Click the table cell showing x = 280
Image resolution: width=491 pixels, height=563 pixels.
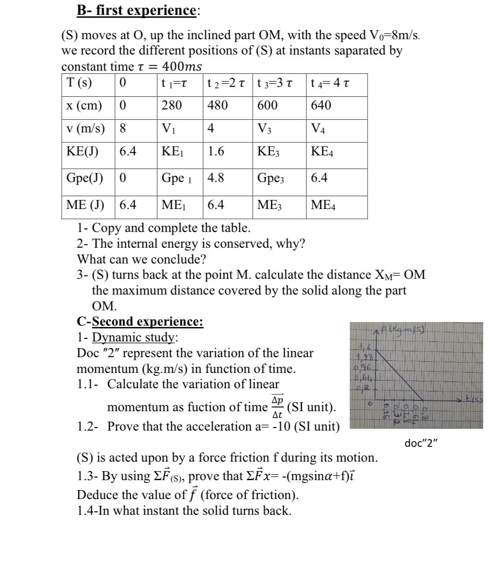(172, 105)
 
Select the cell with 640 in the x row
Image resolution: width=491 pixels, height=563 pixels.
(321, 105)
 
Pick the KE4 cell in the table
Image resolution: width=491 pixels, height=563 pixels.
(322, 151)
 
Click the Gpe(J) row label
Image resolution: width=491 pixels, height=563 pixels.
(84, 178)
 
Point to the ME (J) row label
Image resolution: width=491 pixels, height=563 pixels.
(85, 205)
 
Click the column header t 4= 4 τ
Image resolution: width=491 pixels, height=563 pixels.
(330, 83)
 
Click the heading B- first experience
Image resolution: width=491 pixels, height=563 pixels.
(136, 10)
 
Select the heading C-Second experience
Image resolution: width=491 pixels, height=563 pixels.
(140, 322)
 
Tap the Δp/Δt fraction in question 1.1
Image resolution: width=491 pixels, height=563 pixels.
(277, 407)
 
